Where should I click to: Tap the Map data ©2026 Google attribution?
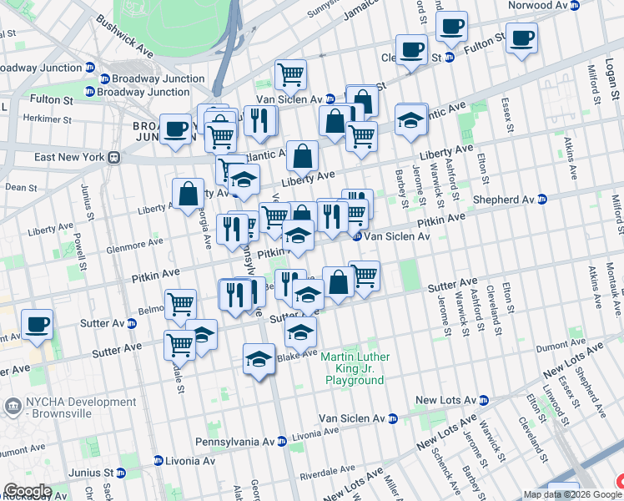click(572, 494)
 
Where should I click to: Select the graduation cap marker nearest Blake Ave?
click(259, 360)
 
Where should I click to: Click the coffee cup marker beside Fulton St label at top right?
click(521, 38)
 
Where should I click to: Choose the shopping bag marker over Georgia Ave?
click(189, 194)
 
